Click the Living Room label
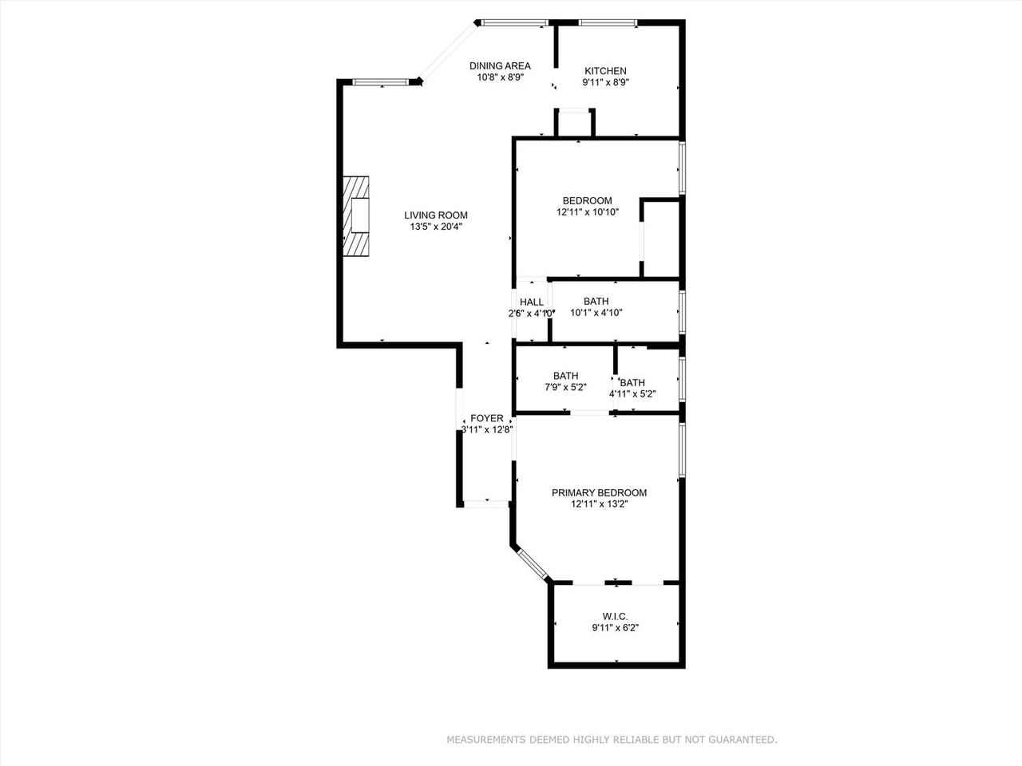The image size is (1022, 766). (x=435, y=215)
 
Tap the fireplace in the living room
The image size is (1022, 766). (x=358, y=215)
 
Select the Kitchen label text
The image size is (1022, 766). (x=605, y=71)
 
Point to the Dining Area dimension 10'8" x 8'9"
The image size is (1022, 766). (x=500, y=78)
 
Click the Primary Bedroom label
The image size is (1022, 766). (x=599, y=492)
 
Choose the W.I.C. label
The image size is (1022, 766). (x=615, y=616)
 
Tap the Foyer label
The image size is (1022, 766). (x=486, y=418)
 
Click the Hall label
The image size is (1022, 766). (x=532, y=302)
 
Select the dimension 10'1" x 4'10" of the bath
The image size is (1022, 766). (x=596, y=313)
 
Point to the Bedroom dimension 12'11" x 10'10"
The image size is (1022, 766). (x=587, y=212)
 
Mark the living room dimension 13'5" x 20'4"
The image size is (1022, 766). (x=435, y=227)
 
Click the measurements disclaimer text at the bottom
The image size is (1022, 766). (x=612, y=740)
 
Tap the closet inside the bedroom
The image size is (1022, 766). (x=660, y=239)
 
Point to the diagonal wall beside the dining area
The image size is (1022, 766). (x=450, y=53)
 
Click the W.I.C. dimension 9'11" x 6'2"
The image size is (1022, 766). (x=615, y=628)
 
